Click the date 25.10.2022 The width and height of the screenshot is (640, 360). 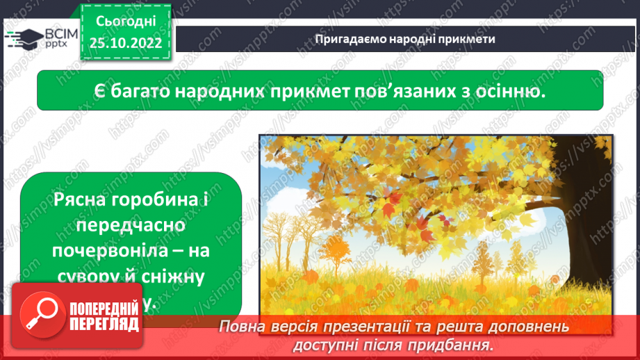tap(126, 42)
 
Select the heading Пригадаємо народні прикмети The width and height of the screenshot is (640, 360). tap(405, 39)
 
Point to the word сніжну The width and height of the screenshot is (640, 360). tap(173, 277)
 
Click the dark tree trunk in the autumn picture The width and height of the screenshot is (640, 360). tap(584, 229)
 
